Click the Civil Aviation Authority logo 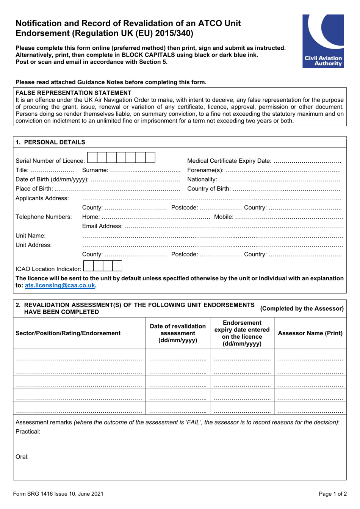point(323,41)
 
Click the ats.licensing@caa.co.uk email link point(60,286)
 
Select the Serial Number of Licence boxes point(121,157)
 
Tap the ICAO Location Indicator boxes point(102,266)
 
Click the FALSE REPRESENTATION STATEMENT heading point(74,93)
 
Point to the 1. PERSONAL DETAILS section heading point(50,142)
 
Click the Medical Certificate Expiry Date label point(229,161)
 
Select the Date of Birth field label point(52,179)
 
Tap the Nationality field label point(202,179)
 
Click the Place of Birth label point(34,189)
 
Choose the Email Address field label point(102,226)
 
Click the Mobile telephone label point(224,217)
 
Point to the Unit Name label point(31,236)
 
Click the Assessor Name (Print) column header point(310,333)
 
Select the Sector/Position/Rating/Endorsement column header point(68,333)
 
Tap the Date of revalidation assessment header point(178,333)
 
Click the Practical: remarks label point(28,432)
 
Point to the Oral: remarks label point(22,457)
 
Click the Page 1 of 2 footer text point(332,494)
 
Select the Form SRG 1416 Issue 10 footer point(58,494)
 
